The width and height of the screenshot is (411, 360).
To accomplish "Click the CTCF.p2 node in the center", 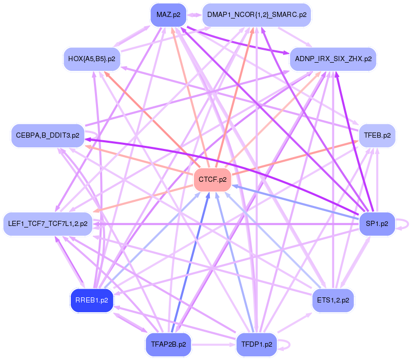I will coord(212,180).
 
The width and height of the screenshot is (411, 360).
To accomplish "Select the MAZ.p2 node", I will coord(169,15).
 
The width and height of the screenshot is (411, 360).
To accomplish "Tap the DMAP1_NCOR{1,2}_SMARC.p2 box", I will coord(257,15).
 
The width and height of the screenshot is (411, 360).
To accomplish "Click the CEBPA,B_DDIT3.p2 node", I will coord(47,135).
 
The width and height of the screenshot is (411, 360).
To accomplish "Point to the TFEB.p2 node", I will coord(377,136).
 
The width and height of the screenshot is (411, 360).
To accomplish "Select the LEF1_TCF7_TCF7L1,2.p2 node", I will coord(48,224).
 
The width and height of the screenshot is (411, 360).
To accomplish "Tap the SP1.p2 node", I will coord(377,224).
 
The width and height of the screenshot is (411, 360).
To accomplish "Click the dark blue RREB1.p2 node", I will coord(91,300).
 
